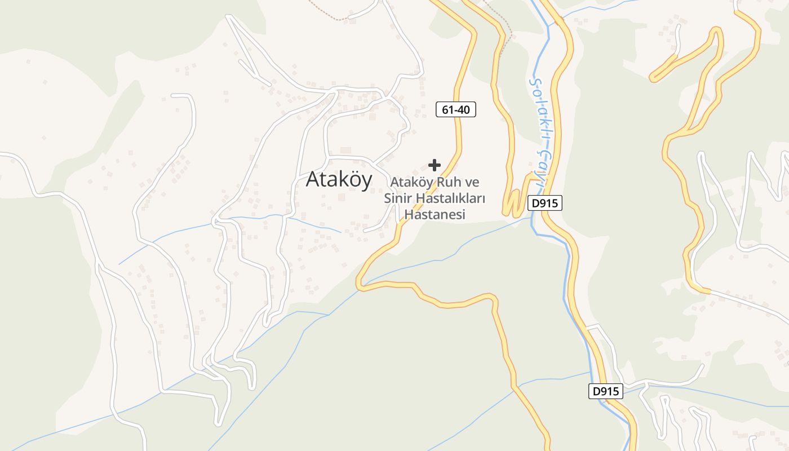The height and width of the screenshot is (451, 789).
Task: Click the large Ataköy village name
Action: pos(339,179)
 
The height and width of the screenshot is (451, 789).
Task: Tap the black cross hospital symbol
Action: pos(434,165)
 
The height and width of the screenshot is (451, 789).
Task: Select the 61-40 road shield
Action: pos(456,110)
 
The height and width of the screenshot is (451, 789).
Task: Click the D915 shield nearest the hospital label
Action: pos(545,204)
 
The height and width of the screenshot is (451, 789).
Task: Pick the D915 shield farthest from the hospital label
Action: pos(606,391)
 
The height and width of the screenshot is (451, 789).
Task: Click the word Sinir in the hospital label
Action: pos(398,198)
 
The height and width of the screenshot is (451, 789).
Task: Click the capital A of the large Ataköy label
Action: pos(313,179)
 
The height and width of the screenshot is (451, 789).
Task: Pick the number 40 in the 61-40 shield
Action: pos(463,110)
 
